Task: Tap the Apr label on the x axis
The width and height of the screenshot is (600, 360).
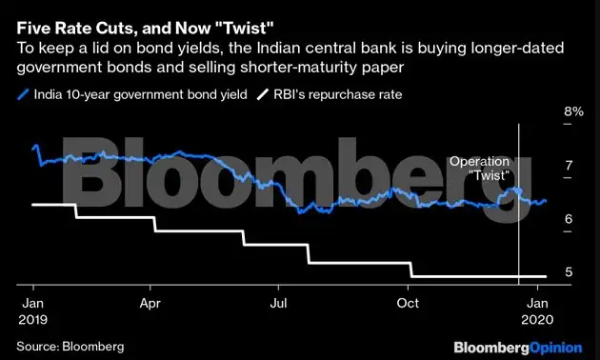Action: (x=150, y=305)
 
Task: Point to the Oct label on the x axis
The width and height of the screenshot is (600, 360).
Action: (x=408, y=305)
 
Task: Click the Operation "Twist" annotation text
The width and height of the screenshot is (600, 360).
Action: (x=479, y=170)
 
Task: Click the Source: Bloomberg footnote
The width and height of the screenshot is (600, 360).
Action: (x=70, y=345)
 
